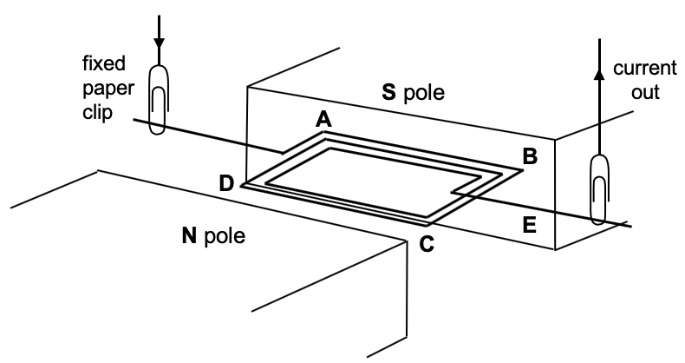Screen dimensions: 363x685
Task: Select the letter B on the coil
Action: point(528,156)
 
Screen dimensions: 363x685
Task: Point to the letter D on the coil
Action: point(226,183)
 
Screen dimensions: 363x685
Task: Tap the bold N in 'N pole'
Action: point(190,235)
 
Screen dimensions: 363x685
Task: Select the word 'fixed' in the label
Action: point(105,63)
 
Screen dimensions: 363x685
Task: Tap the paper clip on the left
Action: point(158,100)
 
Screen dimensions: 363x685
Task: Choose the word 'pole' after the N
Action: point(225,236)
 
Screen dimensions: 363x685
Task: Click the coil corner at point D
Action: point(245,184)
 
